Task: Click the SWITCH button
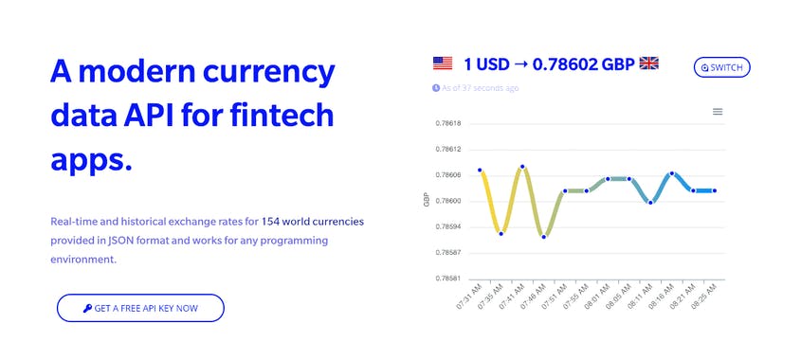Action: click(x=722, y=67)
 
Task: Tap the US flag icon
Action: click(x=443, y=64)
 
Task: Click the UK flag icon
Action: click(x=649, y=64)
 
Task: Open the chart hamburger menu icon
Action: click(x=718, y=112)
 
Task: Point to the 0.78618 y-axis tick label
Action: click(x=447, y=123)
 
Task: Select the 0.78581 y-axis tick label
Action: click(x=447, y=279)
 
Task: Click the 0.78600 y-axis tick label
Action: click(x=447, y=201)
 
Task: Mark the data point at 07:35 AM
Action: click(x=501, y=233)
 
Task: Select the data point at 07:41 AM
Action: click(x=522, y=167)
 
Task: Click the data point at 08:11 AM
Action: click(x=650, y=202)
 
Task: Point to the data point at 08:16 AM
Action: click(x=671, y=173)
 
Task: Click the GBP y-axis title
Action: click(x=427, y=200)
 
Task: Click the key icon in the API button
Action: click(x=87, y=309)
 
